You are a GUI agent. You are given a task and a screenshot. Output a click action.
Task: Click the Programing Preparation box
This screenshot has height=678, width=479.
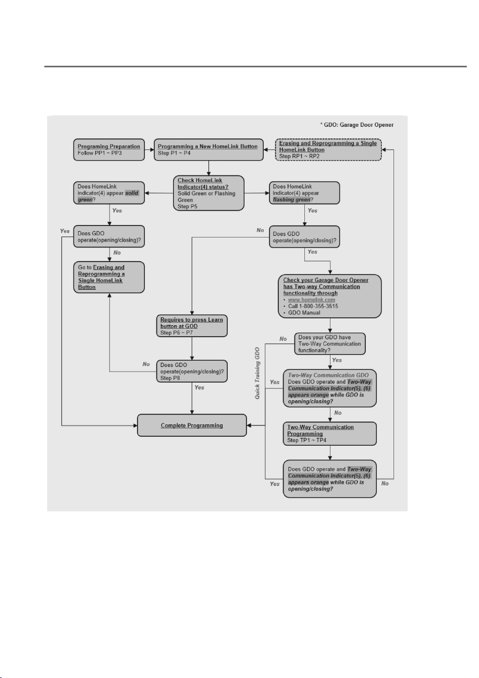[109, 149]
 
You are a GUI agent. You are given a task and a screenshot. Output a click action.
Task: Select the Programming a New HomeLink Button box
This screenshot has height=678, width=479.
[208, 149]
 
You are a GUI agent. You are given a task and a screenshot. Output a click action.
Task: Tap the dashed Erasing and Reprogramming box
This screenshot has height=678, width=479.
[328, 149]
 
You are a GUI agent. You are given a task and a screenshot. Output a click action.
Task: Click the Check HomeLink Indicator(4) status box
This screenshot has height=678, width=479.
[208, 193]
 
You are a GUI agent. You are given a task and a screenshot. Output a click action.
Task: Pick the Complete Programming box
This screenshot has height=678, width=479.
[192, 425]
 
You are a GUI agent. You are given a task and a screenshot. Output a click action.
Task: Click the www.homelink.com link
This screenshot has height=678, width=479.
[312, 300]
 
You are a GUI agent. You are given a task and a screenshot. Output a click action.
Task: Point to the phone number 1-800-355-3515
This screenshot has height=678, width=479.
[318, 306]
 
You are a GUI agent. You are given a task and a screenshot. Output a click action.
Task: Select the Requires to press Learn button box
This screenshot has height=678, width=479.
[192, 326]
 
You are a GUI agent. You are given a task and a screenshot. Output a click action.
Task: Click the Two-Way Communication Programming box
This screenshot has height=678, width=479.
[330, 434]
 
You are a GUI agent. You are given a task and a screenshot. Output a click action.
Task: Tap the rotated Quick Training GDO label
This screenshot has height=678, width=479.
[257, 373]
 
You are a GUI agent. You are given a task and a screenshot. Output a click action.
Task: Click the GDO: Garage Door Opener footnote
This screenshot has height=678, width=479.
[357, 125]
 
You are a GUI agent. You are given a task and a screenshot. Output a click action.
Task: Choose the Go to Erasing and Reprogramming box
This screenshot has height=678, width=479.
[109, 277]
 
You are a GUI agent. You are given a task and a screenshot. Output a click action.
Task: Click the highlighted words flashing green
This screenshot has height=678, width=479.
[292, 199]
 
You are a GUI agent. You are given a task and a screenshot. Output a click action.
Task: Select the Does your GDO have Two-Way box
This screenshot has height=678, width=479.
[330, 344]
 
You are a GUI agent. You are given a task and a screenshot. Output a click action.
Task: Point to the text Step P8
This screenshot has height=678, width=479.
[170, 378]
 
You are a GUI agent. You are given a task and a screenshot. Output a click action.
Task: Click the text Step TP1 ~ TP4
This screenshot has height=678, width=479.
[307, 440]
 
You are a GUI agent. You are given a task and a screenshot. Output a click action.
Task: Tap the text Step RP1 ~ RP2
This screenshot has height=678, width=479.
[299, 156]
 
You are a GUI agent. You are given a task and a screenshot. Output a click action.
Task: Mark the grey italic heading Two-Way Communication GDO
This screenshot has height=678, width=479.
[328, 375]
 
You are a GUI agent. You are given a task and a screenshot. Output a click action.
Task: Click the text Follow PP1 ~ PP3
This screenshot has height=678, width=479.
[100, 153]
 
